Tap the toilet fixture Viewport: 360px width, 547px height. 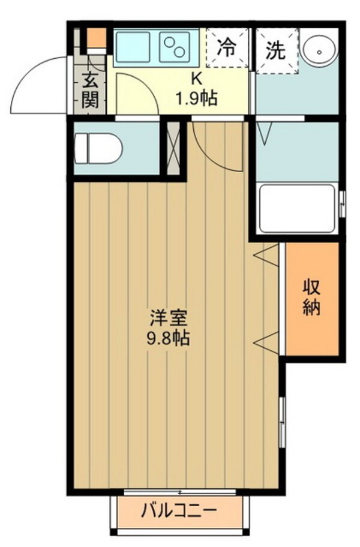(98, 146)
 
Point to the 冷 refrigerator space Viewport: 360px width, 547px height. (227, 48)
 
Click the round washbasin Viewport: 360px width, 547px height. (318, 49)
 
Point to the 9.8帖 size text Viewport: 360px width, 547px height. (168, 338)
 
